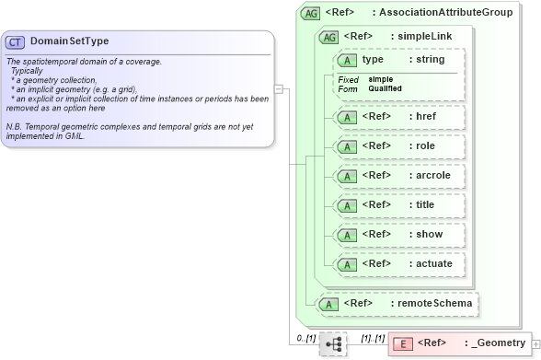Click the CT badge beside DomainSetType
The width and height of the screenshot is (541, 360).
[x=16, y=42]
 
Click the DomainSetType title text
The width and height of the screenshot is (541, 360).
[x=70, y=41]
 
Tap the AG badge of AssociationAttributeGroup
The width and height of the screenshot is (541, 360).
[x=311, y=13]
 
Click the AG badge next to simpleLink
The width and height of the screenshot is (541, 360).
[x=328, y=37]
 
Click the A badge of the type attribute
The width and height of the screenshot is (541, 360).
[x=348, y=61]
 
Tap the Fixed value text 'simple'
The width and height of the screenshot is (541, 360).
[x=381, y=79]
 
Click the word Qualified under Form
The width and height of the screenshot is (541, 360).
[x=386, y=88]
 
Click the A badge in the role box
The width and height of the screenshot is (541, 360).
[x=348, y=147]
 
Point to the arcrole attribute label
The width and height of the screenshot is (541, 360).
[x=435, y=176]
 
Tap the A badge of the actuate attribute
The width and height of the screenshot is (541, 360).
[x=348, y=265]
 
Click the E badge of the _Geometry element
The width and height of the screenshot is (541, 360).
[x=403, y=344]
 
